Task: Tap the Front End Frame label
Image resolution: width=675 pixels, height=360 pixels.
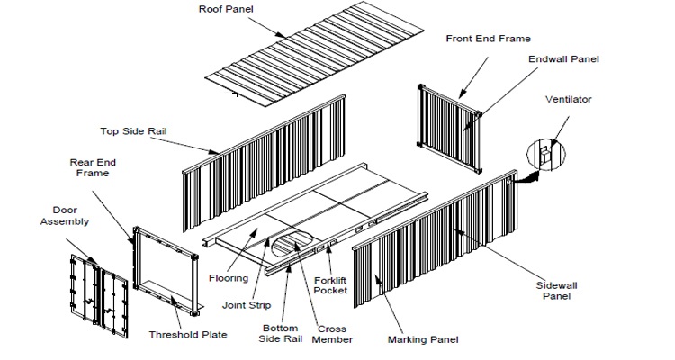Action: (x=489, y=39)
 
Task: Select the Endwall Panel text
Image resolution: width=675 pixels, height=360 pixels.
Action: (x=562, y=59)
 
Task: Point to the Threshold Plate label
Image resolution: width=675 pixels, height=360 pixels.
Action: (x=188, y=335)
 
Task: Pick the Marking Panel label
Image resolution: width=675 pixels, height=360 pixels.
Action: (x=423, y=339)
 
